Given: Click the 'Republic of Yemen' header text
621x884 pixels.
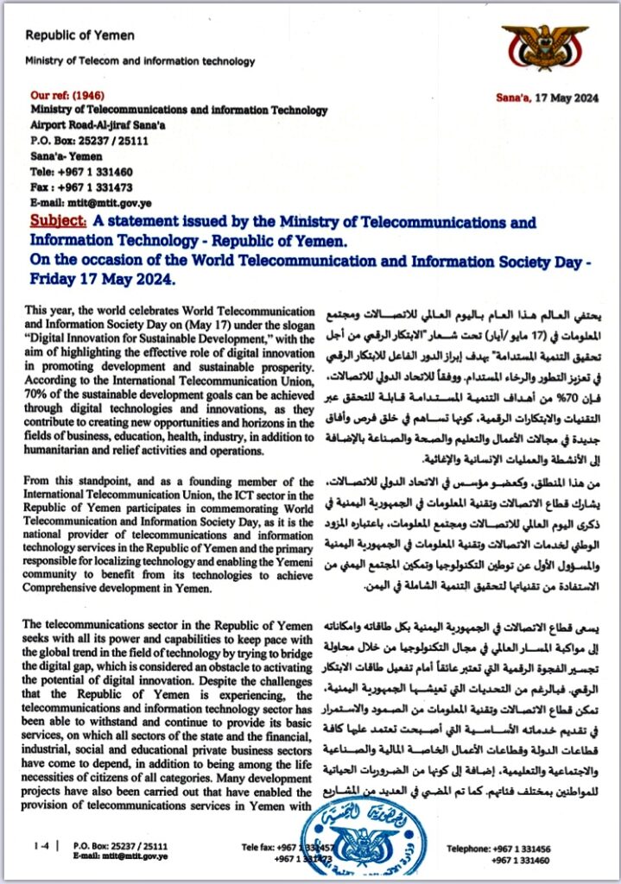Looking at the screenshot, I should pos(79,35).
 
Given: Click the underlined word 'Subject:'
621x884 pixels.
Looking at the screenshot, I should pos(57,223).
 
